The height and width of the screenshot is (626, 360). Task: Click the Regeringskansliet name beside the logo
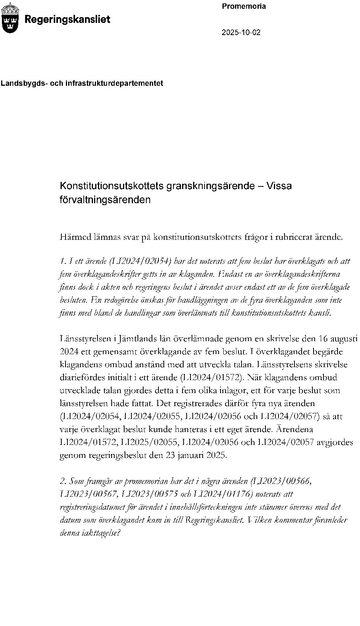point(67,19)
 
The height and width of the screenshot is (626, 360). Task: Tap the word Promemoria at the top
point(244,6)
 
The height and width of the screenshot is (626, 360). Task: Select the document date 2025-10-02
point(241,32)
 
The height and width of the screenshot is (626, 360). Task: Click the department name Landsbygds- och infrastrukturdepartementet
point(82,83)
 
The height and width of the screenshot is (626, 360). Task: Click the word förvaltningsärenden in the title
point(105,199)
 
